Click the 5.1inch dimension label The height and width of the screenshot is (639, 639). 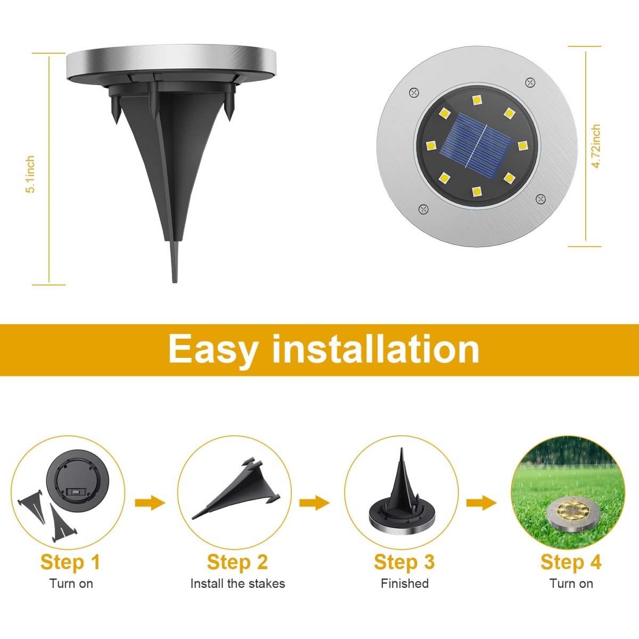(30, 174)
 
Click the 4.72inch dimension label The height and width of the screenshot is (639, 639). (596, 146)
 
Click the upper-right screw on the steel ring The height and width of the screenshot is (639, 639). (529, 82)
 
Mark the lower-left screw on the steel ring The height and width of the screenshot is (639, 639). (423, 209)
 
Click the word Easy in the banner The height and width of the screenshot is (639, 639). (213, 349)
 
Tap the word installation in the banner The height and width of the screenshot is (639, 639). (375, 349)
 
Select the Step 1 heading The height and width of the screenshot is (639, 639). (70, 562)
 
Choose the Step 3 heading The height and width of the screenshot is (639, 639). (404, 562)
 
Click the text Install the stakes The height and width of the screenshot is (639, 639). (237, 584)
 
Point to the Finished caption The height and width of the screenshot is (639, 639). (404, 584)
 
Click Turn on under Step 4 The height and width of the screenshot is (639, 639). (571, 584)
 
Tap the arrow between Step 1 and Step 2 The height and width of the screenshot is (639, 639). (150, 503)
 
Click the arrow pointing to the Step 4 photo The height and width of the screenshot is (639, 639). (481, 503)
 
